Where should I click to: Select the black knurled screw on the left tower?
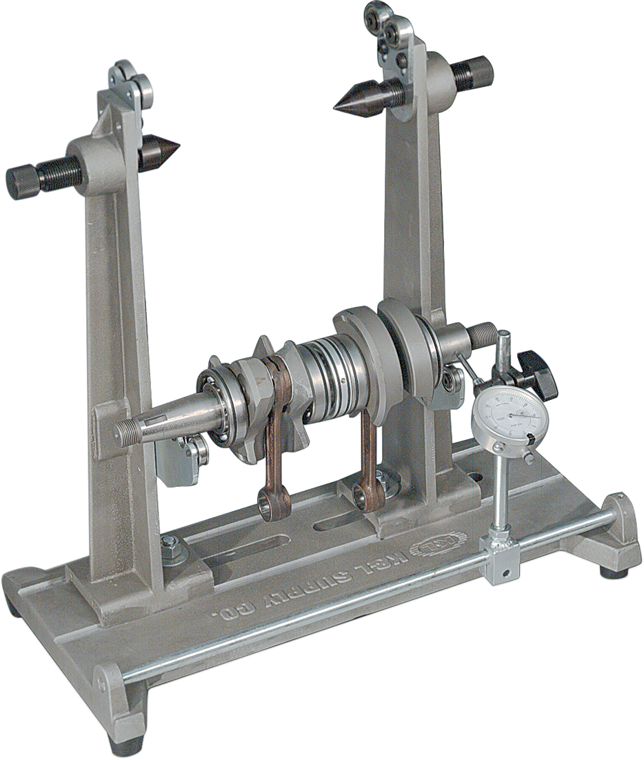[24, 181]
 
